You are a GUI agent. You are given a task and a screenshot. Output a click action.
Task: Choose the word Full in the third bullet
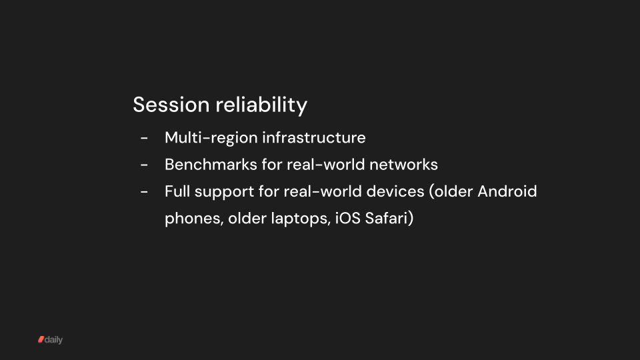176,191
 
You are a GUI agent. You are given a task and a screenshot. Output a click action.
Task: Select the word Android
507,191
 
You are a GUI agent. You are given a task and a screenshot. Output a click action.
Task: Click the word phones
192,219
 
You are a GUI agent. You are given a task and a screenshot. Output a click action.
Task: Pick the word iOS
346,218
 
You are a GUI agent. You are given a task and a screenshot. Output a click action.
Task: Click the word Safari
389,218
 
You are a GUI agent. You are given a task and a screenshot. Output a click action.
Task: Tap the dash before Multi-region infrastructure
144,139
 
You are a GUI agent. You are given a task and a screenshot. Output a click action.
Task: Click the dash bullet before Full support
144,192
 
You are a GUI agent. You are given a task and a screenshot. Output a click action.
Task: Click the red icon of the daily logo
41,340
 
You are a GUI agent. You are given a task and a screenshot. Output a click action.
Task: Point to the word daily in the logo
54,340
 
